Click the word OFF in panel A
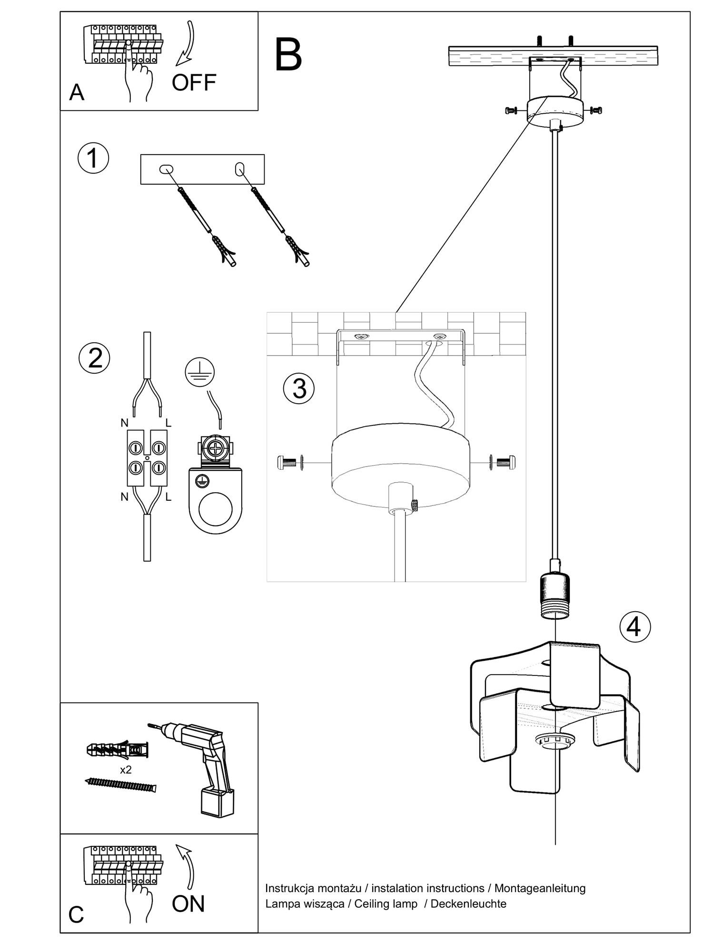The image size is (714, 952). coord(194,83)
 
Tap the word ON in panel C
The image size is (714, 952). coord(188,904)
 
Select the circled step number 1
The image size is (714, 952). coord(93,158)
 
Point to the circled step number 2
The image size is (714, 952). coord(94,358)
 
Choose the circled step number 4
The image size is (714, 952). coord(635,626)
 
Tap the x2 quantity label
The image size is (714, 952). coord(126,770)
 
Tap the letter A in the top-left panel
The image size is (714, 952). coord(77,92)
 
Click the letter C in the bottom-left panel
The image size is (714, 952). coord(76,914)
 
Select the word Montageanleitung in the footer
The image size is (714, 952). coord(540,888)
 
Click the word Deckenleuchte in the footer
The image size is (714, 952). coord(468,903)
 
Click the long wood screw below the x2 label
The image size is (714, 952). coord(120,785)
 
